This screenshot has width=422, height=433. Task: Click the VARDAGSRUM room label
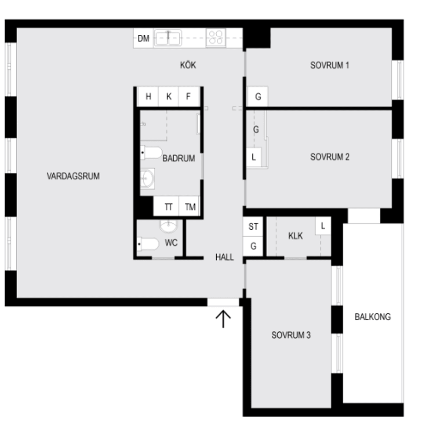click(x=73, y=176)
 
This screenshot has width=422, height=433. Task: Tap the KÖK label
click(x=188, y=66)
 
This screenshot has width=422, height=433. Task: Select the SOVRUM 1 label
click(x=330, y=66)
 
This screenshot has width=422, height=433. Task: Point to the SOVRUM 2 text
click(x=330, y=157)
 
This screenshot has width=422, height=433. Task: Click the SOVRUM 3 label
click(x=291, y=335)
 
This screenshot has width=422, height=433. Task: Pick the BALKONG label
click(x=372, y=317)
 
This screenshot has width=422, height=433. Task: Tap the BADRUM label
click(x=178, y=158)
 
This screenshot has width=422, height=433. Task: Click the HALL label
click(x=224, y=258)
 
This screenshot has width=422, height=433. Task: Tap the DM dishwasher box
click(x=143, y=39)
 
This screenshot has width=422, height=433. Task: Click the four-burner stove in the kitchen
click(x=216, y=37)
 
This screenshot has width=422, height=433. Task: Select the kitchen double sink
click(x=168, y=38)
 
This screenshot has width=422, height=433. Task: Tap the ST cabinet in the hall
click(x=253, y=227)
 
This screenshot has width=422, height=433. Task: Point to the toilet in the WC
click(x=149, y=243)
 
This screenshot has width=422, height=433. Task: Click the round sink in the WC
click(x=168, y=226)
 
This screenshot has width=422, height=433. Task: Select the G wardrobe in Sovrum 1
click(x=258, y=97)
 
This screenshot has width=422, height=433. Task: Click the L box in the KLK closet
click(x=323, y=227)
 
